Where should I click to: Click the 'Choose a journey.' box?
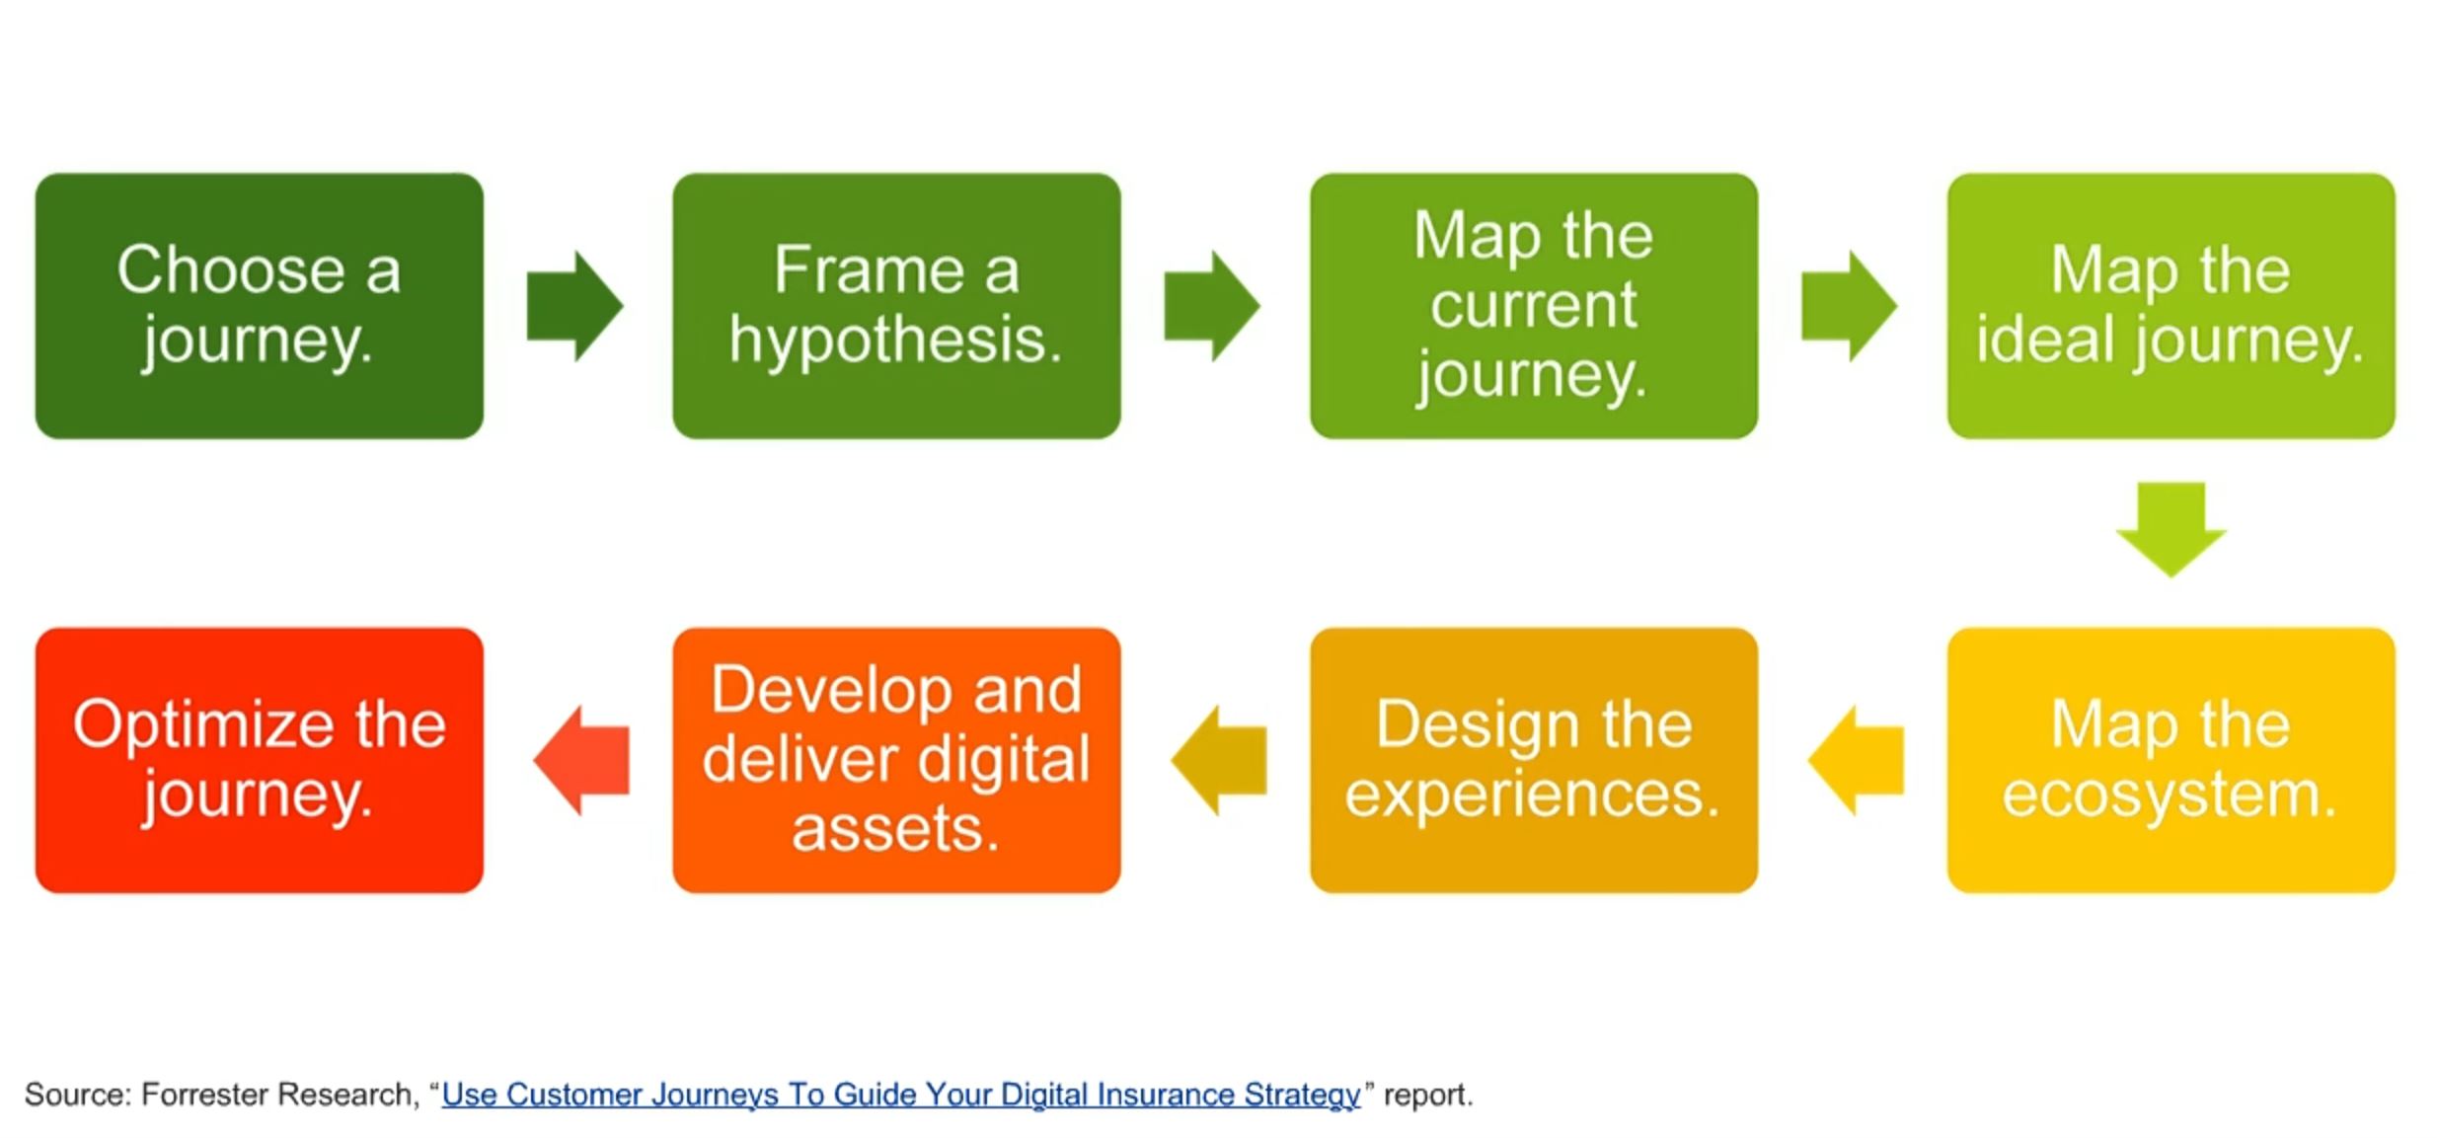(259, 306)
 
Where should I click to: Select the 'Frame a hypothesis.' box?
(895, 306)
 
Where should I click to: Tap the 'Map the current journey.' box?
(1533, 306)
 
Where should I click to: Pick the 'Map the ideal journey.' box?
(2170, 306)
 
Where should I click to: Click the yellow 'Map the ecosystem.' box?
(2170, 760)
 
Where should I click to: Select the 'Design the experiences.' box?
(1533, 760)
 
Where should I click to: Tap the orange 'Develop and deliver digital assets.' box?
(895, 760)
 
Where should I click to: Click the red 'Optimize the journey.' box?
(259, 760)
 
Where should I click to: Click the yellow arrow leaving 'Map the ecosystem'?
(1856, 760)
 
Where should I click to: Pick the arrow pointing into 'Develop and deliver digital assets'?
(1219, 760)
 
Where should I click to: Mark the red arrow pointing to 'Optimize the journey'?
(582, 760)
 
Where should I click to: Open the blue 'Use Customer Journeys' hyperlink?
(900, 1095)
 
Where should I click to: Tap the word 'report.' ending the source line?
(1427, 1095)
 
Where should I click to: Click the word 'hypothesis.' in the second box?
(895, 341)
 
